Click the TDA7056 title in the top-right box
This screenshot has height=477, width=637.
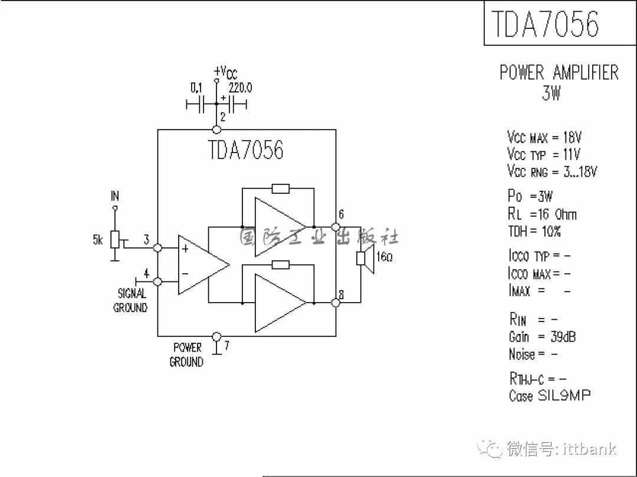coord(545,24)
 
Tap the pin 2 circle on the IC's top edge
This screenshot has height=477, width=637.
coord(217,130)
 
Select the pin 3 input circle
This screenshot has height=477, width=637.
coord(157,247)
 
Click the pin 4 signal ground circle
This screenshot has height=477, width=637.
coord(157,281)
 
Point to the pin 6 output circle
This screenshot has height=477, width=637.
coord(336,227)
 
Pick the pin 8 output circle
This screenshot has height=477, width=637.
coord(336,302)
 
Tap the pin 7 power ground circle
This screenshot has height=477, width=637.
coord(217,336)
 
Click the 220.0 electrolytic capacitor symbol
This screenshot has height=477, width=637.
coord(233,105)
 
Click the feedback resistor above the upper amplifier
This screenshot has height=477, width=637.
coord(280,188)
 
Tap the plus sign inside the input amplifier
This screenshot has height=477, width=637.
coord(185,249)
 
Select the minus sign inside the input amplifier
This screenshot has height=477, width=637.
coord(185,274)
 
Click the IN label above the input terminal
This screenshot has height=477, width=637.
coord(115,196)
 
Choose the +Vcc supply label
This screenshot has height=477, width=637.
coord(225,72)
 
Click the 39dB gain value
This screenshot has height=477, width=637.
coord(563,336)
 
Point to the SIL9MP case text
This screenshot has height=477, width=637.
coord(564,395)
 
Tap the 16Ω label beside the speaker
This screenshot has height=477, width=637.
coord(385,257)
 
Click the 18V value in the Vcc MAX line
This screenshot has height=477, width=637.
coord(572,137)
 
